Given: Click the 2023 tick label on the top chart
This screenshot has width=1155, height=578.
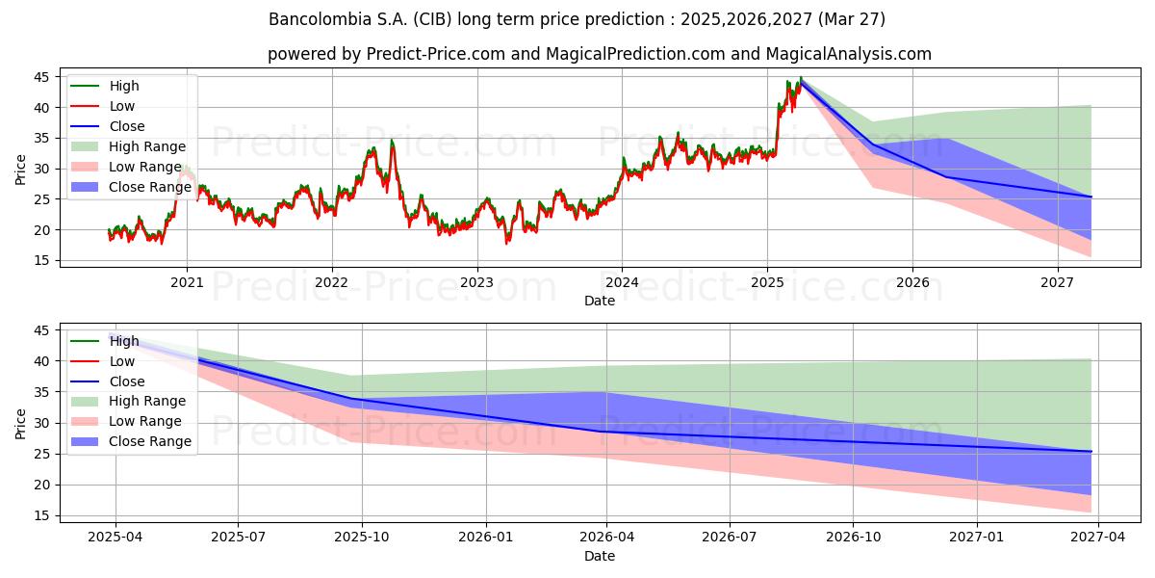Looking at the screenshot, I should click(x=476, y=283).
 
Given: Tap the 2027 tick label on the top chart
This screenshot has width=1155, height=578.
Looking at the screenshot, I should click(x=1058, y=283).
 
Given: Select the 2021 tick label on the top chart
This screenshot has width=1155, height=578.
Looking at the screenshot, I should click(x=186, y=283).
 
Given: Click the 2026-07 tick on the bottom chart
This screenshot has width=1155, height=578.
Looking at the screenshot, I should click(x=730, y=538).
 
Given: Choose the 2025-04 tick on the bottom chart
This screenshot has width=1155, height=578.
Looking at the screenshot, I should click(x=115, y=538).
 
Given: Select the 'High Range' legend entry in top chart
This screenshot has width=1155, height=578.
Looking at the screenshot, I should click(x=147, y=146).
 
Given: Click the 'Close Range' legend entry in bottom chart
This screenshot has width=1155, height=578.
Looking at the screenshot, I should click(x=149, y=441).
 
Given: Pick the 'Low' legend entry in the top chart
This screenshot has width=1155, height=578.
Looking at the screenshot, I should click(x=122, y=106).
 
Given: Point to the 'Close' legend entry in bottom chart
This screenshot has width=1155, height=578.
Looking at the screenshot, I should click(x=127, y=381).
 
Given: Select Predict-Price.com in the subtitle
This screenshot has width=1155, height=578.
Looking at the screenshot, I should click(x=436, y=54).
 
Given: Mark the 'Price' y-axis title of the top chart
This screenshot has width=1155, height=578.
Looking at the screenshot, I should click(x=21, y=169).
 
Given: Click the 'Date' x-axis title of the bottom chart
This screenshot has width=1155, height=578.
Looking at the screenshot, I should click(x=600, y=556).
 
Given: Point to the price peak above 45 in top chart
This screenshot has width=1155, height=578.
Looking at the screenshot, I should click(x=800, y=78).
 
